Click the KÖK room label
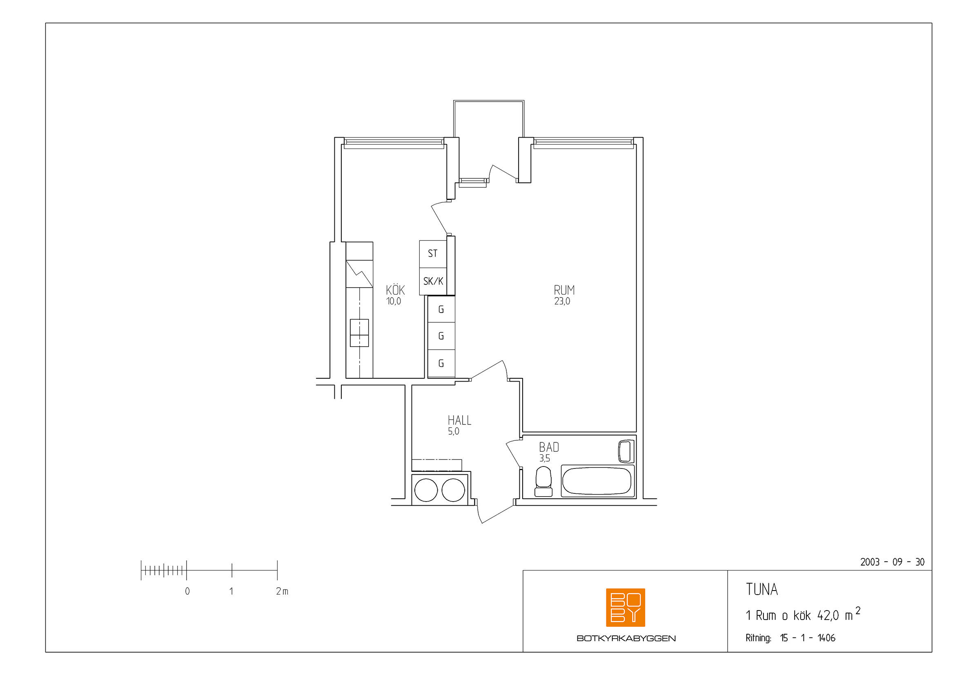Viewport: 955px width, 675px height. (x=395, y=290)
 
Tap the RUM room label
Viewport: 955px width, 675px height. (x=564, y=290)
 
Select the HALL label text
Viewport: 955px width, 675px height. (x=460, y=420)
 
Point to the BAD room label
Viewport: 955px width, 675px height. (x=549, y=447)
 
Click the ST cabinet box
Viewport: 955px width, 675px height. (x=433, y=254)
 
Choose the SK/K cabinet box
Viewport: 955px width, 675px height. (x=433, y=282)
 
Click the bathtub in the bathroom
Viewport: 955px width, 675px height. (x=597, y=481)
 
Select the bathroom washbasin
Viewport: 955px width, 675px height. (x=626, y=451)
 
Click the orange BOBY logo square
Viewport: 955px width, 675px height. (x=625, y=607)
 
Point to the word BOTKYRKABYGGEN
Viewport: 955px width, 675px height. (x=626, y=638)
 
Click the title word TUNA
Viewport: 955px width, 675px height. (x=761, y=589)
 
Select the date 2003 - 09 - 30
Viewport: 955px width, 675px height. (x=892, y=562)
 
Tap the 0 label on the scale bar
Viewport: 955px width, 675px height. (x=187, y=591)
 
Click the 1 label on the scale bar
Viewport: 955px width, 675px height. (x=231, y=591)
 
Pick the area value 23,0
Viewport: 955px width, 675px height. (x=562, y=301)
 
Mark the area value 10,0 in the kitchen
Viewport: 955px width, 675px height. (x=394, y=301)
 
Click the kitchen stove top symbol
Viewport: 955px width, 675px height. (x=359, y=333)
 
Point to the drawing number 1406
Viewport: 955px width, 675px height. (x=826, y=638)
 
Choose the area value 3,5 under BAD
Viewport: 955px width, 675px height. (x=545, y=458)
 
